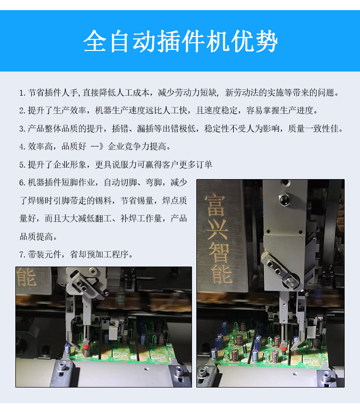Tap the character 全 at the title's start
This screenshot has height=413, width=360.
coord(95,41)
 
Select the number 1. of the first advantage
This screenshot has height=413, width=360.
coord(23,93)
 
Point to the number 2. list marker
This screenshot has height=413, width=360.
coord(23,110)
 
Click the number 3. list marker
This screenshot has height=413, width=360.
coord(23,129)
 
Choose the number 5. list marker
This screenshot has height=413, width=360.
coord(23,165)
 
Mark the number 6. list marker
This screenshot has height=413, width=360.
coord(23,183)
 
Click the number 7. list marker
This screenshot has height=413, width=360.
coord(23,255)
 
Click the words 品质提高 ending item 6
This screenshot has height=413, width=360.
coord(36,237)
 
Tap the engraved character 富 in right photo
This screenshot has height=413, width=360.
coord(215,206)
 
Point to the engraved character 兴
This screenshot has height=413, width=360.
coord(217,230)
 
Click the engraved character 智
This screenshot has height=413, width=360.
coord(219,251)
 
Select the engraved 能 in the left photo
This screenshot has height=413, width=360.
coord(26,277)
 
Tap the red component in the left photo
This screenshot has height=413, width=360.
coord(86,345)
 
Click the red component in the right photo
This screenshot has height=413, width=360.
coord(283,347)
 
